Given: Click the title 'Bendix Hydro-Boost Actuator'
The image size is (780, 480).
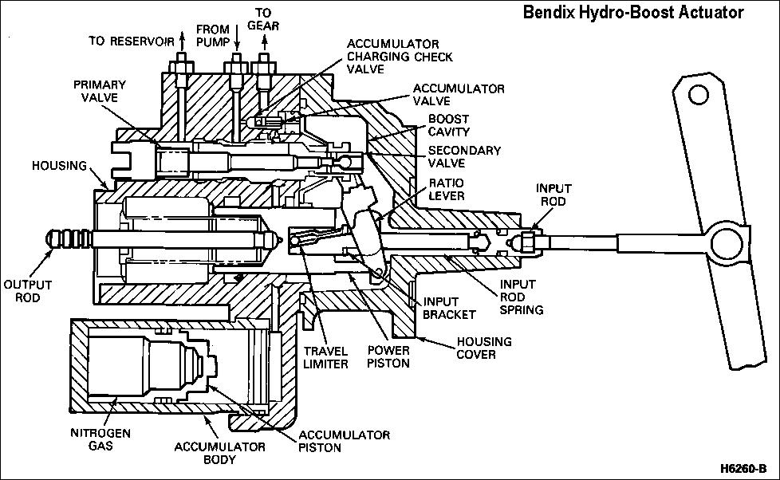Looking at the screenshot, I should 632,13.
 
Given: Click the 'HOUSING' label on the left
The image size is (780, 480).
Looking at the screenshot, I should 60,165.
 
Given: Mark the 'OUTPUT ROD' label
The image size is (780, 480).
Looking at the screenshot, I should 28,290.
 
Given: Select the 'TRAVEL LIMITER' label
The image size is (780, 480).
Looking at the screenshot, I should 325,357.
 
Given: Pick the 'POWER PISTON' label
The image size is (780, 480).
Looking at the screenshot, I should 388,357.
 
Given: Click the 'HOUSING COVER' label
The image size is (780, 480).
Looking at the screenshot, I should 484,348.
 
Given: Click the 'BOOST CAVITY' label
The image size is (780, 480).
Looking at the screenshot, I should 449,125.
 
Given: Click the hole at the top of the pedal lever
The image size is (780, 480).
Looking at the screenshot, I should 699,95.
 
